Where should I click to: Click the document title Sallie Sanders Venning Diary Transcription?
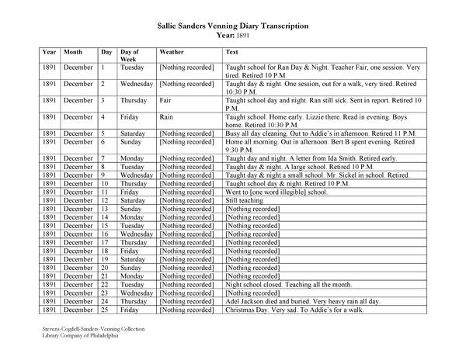click(x=232, y=26)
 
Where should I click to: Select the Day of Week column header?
click(x=130, y=55)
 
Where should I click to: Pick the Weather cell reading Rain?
click(x=165, y=116)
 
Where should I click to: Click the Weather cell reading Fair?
click(x=165, y=100)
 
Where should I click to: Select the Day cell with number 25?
click(x=106, y=310)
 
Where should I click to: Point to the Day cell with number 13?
click(x=106, y=209)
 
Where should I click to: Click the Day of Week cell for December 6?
click(x=131, y=142)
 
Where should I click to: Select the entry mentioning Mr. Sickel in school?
click(x=317, y=175)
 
